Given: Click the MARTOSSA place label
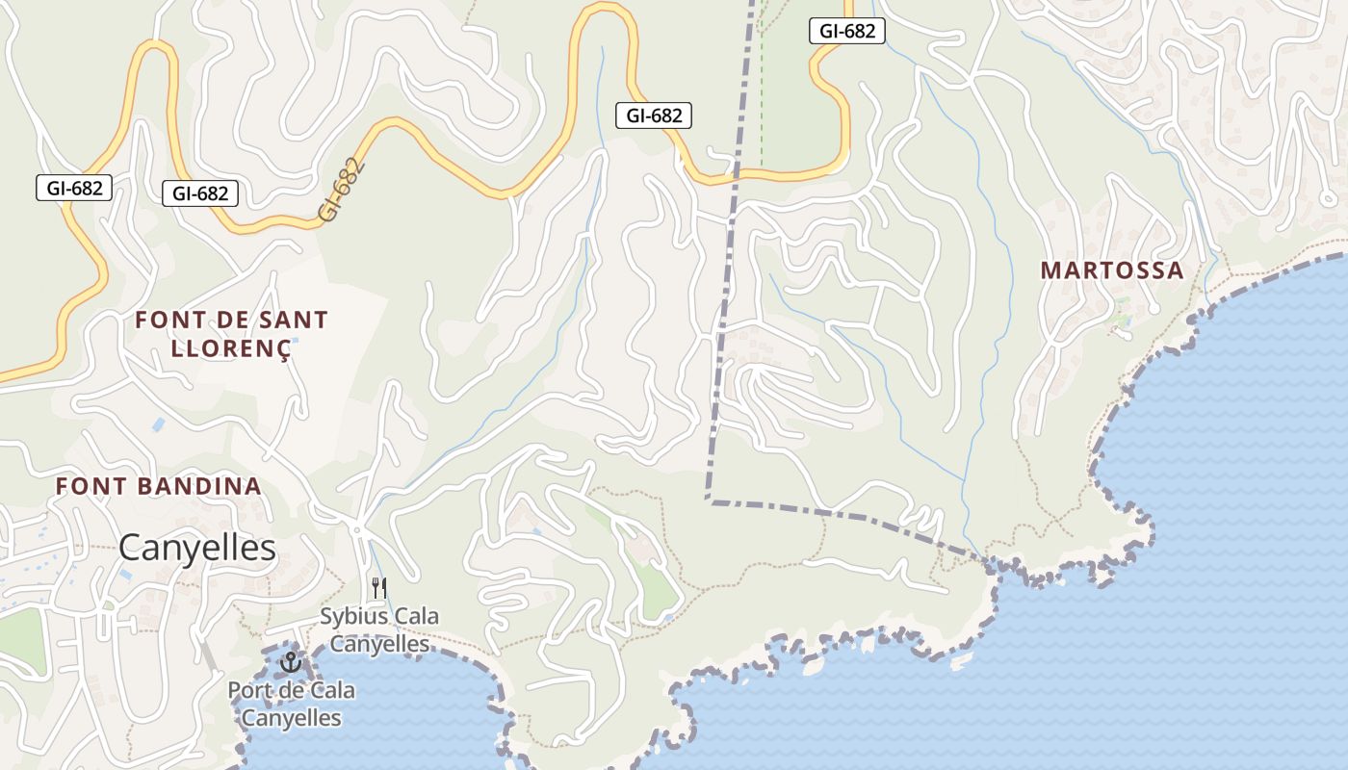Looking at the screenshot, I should coord(1112,270).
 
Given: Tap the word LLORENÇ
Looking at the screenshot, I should coord(231,348).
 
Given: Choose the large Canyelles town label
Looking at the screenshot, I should coord(197,549).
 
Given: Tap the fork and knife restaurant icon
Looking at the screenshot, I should coord(379,587).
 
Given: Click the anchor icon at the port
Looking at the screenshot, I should coord(290,662).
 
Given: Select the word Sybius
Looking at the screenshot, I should coord(351,616).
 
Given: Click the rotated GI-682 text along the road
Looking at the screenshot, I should coord(343,190).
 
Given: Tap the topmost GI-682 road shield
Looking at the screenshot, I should coord(847,31).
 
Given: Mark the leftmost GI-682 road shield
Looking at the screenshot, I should coord(74,188).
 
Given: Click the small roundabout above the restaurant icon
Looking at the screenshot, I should coord(357,529).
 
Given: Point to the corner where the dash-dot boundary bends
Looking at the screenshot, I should coord(709,500).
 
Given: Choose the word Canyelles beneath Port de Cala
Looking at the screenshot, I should coord(291,718).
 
